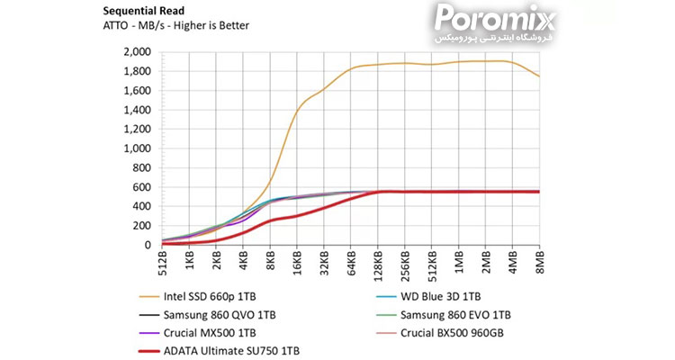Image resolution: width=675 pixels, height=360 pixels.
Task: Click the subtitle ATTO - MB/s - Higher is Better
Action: [x=176, y=25]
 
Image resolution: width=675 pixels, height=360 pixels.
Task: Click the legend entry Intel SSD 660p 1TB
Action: [x=216, y=296]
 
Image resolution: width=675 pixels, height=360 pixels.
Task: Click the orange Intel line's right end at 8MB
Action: [x=538, y=76]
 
